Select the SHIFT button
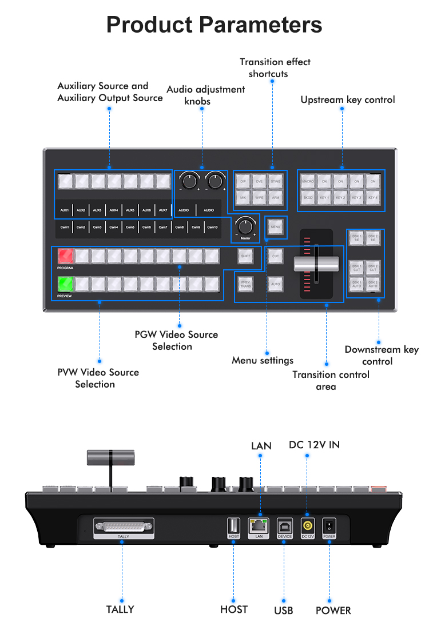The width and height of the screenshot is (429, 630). point(245,256)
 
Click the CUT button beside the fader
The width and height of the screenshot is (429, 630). point(276,256)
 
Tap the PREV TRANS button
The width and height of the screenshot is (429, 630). point(245,283)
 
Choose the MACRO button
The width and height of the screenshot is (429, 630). point(308,181)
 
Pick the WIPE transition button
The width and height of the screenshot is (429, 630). point(260,197)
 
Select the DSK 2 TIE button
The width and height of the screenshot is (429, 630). point(372,238)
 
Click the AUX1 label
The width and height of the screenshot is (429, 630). point(65,210)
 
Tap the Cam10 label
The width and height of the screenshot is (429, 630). point(212,227)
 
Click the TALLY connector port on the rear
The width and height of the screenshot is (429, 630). point(124,527)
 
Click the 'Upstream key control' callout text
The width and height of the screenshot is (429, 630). point(347,100)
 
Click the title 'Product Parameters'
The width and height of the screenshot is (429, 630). point(214,25)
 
